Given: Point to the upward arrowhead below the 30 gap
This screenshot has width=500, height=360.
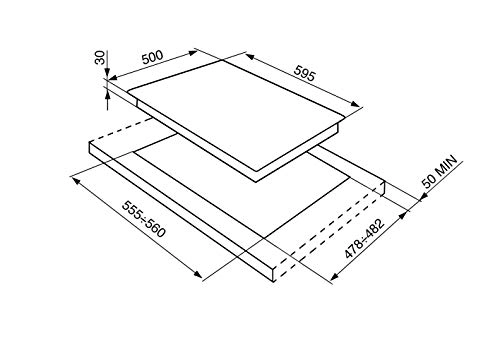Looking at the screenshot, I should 107,96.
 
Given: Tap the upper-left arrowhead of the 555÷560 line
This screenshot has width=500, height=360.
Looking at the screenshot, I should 72,177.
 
